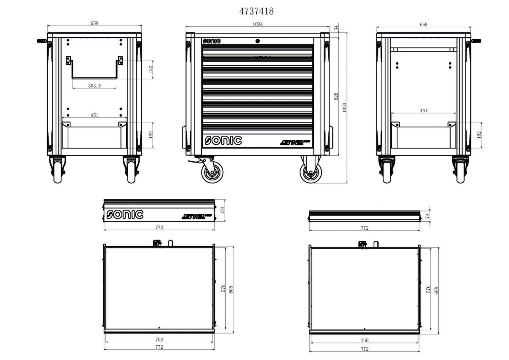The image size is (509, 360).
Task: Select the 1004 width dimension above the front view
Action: (258, 24)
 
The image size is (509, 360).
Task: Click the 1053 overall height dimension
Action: (344, 107)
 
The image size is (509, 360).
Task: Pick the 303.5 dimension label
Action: (94, 86)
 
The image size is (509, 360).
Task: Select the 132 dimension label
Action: (151, 69)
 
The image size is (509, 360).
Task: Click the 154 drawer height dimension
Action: (223, 210)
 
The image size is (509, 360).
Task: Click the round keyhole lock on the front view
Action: (257, 41)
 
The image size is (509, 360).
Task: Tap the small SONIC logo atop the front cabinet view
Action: (211, 41)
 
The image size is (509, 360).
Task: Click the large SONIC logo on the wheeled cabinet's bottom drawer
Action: (223, 141)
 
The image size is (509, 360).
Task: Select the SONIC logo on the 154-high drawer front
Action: (125, 215)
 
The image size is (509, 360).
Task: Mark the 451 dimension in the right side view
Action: (423, 111)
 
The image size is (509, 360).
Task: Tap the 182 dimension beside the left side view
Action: (151, 135)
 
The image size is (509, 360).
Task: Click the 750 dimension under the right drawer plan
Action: (364, 340)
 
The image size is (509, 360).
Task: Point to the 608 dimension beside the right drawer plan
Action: (437, 289)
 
